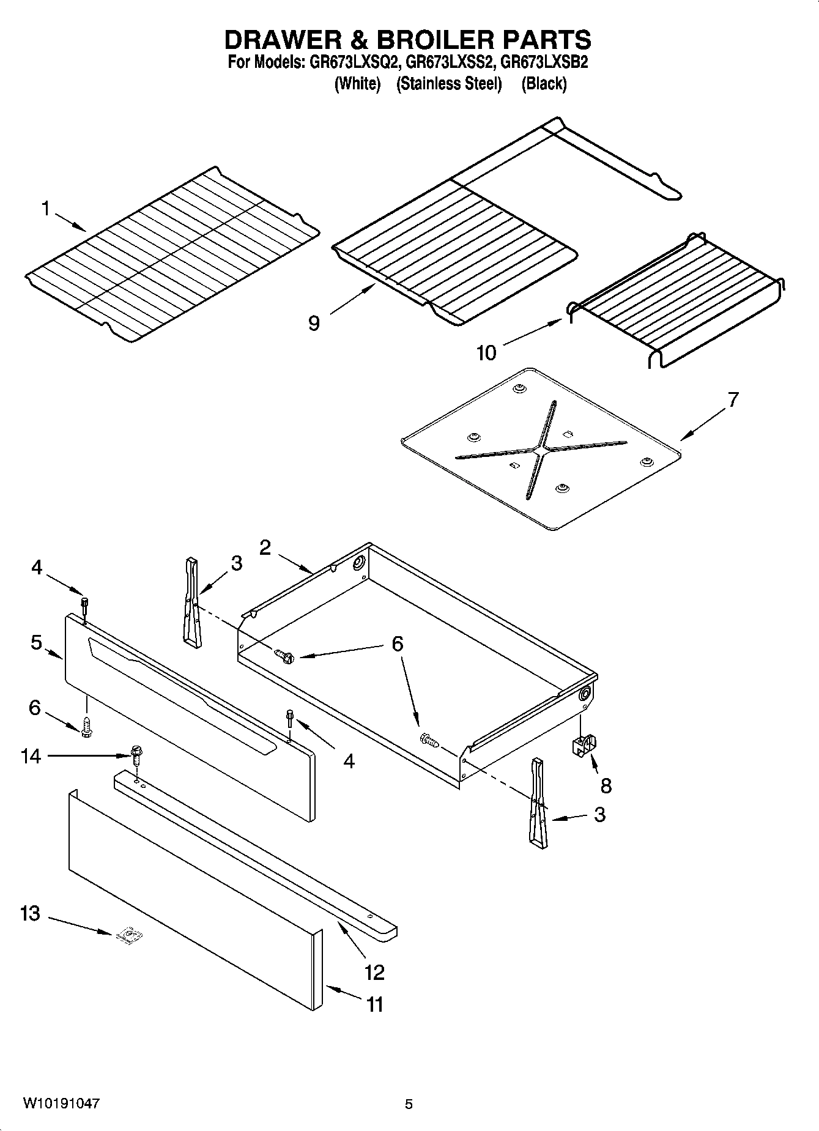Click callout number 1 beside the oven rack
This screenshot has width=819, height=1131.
pyautogui.click(x=45, y=209)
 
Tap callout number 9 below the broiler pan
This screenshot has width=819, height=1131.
pyautogui.click(x=314, y=323)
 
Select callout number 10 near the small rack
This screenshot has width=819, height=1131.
pyautogui.click(x=486, y=353)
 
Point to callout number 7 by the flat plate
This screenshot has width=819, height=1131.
pyautogui.click(x=733, y=400)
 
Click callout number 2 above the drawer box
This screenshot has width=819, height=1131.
pyautogui.click(x=265, y=547)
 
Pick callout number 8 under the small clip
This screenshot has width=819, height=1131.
pyautogui.click(x=606, y=785)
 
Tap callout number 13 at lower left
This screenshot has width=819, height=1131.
pyautogui.click(x=29, y=914)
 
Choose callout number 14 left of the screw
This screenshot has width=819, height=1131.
pyautogui.click(x=30, y=757)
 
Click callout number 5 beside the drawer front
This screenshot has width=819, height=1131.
pyautogui.click(x=36, y=643)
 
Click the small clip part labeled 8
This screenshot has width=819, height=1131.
pyautogui.click(x=584, y=746)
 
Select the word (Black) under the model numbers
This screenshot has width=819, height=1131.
pyautogui.click(x=544, y=84)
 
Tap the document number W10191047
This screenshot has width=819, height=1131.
pyautogui.click(x=61, y=1104)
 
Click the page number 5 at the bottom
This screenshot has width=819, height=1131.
pyautogui.click(x=409, y=1105)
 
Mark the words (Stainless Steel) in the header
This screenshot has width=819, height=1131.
pyautogui.click(x=449, y=84)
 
